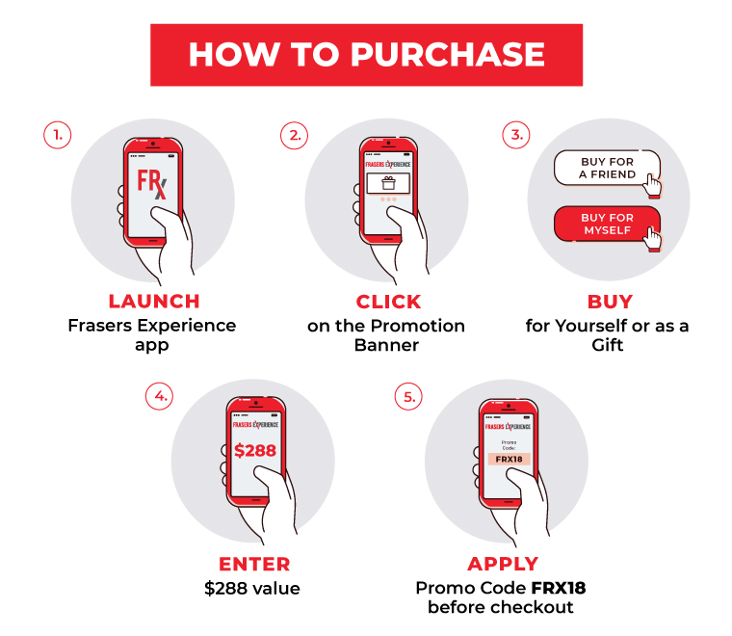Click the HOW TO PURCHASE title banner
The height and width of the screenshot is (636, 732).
pos(366,55)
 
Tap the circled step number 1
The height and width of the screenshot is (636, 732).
pos(58,136)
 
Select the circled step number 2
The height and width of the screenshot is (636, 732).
pos(294,136)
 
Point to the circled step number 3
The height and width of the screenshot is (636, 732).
pos(516,135)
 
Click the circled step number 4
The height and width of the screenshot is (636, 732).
pos(159,396)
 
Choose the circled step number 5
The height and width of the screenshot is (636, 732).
pos(408,397)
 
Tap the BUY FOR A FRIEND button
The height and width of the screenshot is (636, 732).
pos(607,168)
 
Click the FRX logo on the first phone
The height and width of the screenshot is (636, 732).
pos(151,183)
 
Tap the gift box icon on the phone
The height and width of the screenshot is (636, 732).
pos(388,183)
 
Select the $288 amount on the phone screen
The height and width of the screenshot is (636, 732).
pos(255,451)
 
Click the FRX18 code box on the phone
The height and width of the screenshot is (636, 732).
pos(509,459)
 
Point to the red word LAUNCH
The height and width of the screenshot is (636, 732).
pos(154,302)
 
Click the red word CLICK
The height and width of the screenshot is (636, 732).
pos(388,303)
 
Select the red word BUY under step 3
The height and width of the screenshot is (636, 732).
pos(610,303)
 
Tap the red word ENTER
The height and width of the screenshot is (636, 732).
pos(254,564)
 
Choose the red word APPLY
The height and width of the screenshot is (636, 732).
pos(503,564)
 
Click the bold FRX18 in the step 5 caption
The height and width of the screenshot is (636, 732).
pos(559,589)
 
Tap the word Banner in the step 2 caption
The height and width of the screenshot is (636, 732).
pos(386,345)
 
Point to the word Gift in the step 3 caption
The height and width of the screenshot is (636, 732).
pos(608,345)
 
